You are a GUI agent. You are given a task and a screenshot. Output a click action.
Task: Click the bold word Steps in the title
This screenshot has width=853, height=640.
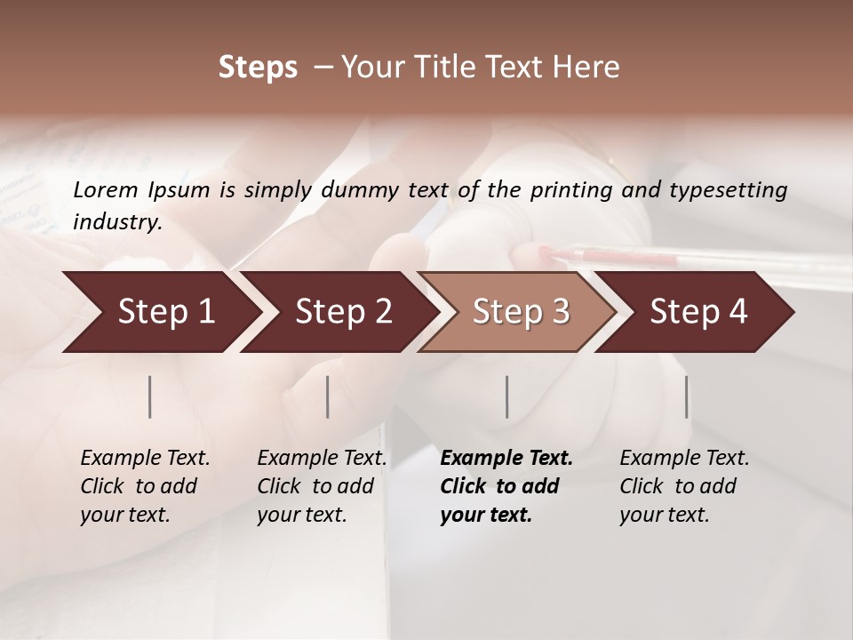[x=258, y=68]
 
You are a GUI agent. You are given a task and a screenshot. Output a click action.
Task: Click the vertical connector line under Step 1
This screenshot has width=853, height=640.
[x=150, y=396]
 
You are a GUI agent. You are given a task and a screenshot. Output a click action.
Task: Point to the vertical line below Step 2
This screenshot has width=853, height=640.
[x=328, y=396]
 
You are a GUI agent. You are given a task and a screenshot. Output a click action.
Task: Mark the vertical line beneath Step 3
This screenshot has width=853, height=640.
[x=506, y=396]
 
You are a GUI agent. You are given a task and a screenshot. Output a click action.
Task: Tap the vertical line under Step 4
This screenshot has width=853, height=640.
[x=686, y=396]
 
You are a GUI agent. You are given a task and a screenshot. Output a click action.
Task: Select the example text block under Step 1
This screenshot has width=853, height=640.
[x=145, y=486]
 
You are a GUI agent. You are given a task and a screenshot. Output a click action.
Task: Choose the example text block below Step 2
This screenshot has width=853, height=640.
[x=322, y=486]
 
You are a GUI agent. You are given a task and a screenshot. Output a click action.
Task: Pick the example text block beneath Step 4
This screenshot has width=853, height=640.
[x=684, y=486]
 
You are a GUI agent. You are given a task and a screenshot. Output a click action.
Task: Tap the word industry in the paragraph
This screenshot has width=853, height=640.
[x=117, y=221]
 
